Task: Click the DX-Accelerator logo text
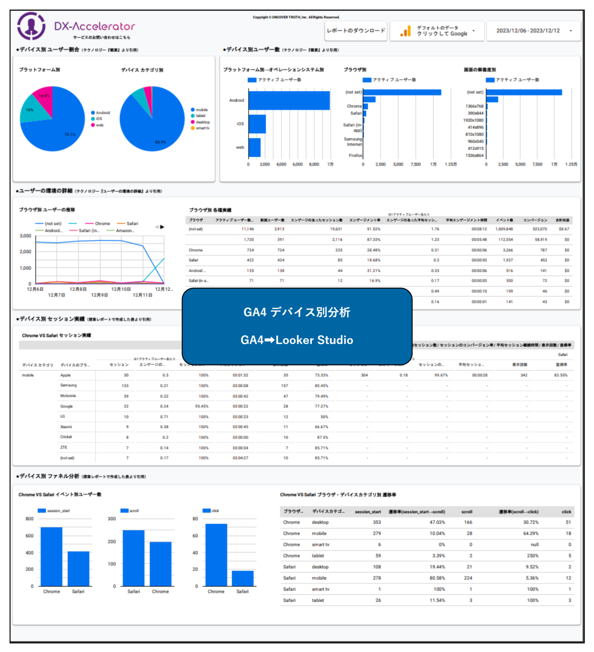click(94, 26)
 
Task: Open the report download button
click(356, 31)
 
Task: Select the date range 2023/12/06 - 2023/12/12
click(533, 31)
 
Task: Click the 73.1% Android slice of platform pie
click(55, 132)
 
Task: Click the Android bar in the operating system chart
click(289, 101)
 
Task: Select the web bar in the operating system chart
click(255, 147)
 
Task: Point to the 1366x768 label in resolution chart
click(474, 106)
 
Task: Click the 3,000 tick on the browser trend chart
click(25, 236)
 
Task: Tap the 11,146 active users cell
click(247, 229)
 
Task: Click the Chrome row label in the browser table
click(196, 250)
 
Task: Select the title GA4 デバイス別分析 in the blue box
click(297, 312)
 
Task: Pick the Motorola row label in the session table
click(68, 396)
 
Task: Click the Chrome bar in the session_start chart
click(51, 556)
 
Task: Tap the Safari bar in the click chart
click(243, 579)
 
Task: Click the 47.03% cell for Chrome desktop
click(437, 523)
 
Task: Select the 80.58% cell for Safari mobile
click(437, 578)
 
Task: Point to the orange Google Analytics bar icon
click(406, 31)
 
